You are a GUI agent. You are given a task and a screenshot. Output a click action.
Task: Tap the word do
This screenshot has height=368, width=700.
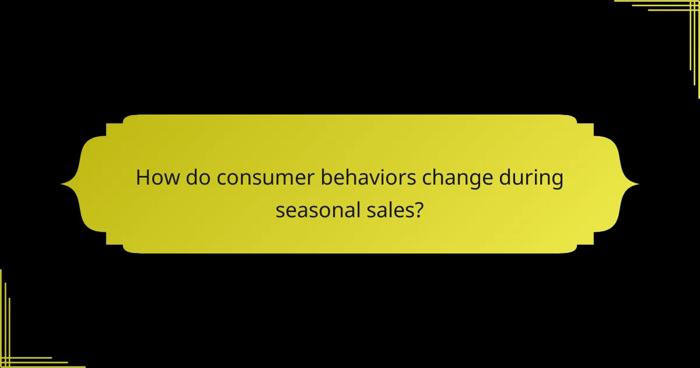point(198,178)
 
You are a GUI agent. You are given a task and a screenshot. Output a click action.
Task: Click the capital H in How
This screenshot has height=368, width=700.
point(143,178)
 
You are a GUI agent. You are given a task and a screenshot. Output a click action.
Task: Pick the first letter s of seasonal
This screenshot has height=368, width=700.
point(281,210)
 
